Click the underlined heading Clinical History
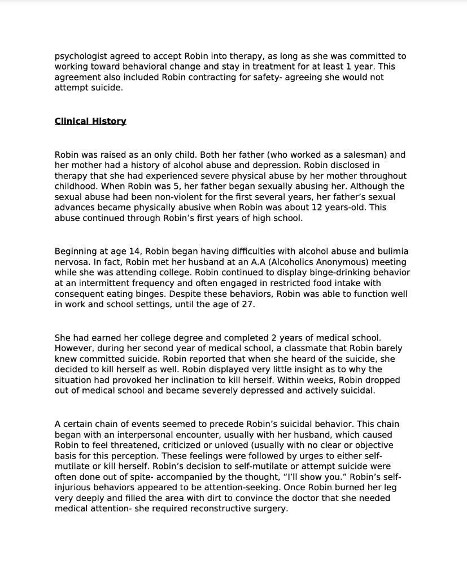click(90, 121)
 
